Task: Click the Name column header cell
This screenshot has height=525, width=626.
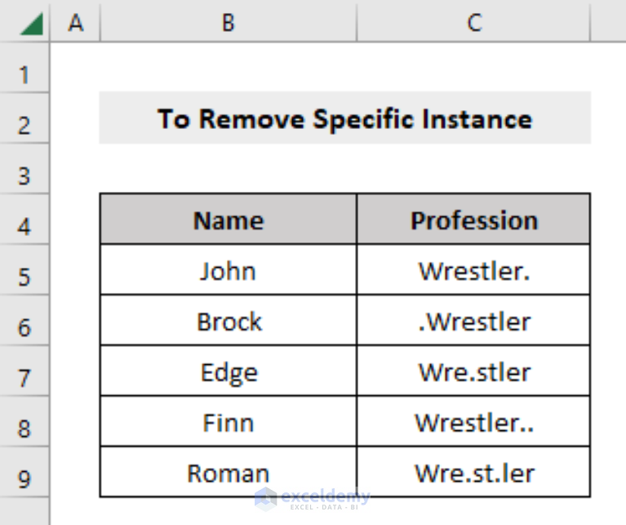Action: [229, 219]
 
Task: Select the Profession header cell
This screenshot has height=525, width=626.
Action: [473, 219]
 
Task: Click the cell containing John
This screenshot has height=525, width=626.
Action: [229, 269]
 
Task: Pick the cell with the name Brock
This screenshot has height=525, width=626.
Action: [229, 320]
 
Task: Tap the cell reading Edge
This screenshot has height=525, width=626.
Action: [229, 371]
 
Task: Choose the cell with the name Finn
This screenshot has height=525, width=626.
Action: [229, 421]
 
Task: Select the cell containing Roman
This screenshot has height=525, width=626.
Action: [229, 472]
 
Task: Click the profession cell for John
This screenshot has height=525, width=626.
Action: [473, 269]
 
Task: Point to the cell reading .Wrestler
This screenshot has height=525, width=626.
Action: [473, 320]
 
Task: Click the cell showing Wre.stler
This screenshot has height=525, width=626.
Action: [473, 371]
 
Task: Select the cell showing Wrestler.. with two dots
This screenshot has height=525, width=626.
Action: [473, 421]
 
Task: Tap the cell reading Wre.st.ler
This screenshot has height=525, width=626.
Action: [473, 472]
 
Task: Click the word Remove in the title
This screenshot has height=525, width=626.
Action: [251, 118]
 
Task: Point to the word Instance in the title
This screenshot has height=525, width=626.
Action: [477, 118]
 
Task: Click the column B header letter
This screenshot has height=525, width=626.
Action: [228, 22]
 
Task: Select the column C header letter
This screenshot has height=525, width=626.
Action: [474, 22]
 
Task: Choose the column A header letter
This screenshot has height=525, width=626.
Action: [75, 22]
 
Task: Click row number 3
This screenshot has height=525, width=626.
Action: [24, 176]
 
